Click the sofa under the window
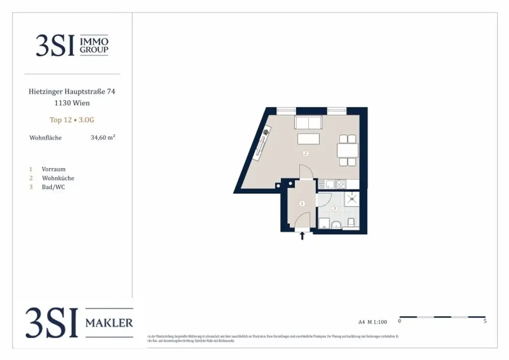(308, 122)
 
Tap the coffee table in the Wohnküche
(308, 138)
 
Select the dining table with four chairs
(347, 150)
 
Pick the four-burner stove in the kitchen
(341, 184)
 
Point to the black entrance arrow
(302, 236)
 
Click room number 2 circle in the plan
(306, 153)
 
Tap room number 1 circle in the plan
(302, 203)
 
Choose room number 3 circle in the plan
(335, 208)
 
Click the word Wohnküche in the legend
(58, 178)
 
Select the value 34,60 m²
(103, 138)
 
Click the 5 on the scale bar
(485, 321)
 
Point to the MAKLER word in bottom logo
(109, 323)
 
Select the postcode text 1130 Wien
(73, 103)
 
